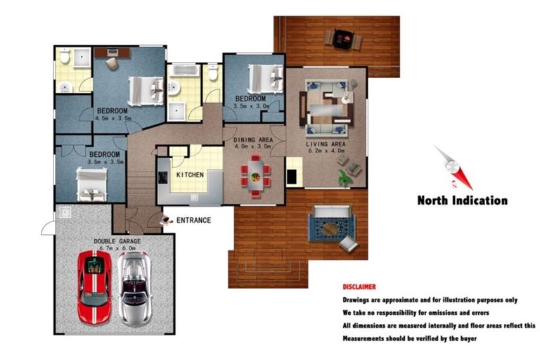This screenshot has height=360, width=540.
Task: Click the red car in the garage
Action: coord(95,288)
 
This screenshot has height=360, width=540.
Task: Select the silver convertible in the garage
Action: coord(133,288)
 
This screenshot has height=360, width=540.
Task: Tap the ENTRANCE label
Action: coord(193,220)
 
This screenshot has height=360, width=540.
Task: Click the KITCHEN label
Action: coord(190,174)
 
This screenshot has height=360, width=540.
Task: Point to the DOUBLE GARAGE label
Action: coord(117,240)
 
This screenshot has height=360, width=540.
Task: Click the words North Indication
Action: coord(462,200)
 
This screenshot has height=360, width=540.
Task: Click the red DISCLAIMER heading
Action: coord(359,287)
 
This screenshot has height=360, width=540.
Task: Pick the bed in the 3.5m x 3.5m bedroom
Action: coord(91,184)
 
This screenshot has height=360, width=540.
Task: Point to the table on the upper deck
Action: coord(344,39)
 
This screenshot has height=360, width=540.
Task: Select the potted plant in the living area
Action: coord(344,179)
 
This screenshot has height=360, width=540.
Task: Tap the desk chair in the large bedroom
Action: coord(112,63)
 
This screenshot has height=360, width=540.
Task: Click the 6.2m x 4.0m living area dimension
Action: coord(327,151)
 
